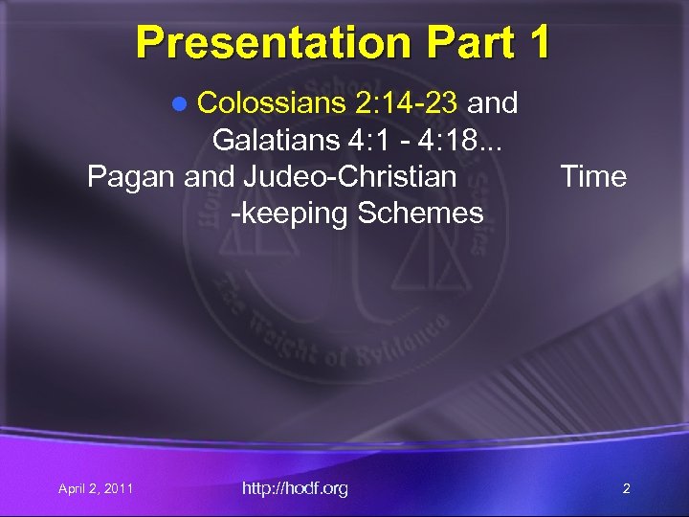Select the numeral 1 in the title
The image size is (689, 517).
[x=537, y=42]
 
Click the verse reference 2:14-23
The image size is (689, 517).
[x=402, y=102]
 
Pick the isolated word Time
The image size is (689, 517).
[x=593, y=177]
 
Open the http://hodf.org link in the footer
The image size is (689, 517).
[x=295, y=489]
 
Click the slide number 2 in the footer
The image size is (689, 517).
[x=626, y=489]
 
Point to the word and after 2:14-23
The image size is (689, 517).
[x=492, y=102]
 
